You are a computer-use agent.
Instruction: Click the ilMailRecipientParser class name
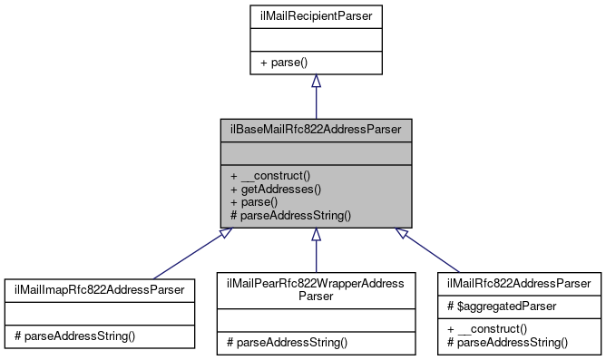tap(315, 15)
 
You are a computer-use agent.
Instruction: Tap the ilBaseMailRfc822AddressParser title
tap(315, 130)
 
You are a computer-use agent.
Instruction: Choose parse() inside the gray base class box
tap(257, 202)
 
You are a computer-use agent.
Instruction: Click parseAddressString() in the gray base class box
tap(289, 217)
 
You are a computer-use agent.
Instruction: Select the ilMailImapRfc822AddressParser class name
tap(99, 289)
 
